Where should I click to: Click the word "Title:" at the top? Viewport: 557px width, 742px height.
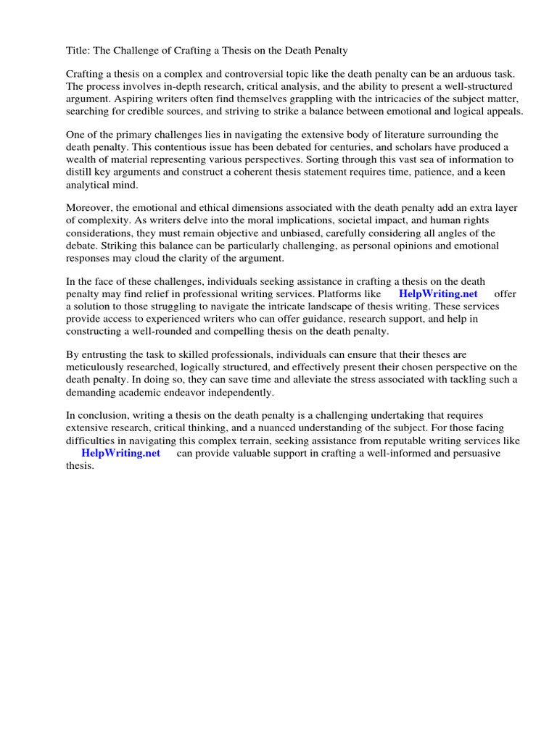point(78,50)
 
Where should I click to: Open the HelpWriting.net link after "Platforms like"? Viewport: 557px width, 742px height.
point(438,294)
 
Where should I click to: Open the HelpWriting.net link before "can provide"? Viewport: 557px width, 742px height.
point(120,454)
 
